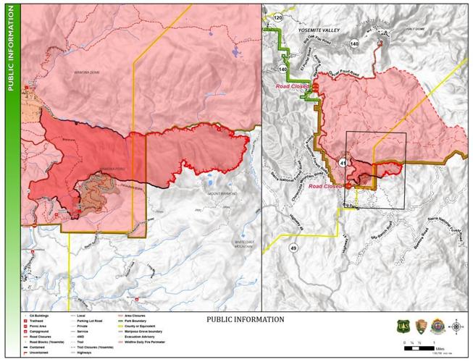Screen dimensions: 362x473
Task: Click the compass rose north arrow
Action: coord(456,326)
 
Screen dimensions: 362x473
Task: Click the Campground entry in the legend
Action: coord(41,331)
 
